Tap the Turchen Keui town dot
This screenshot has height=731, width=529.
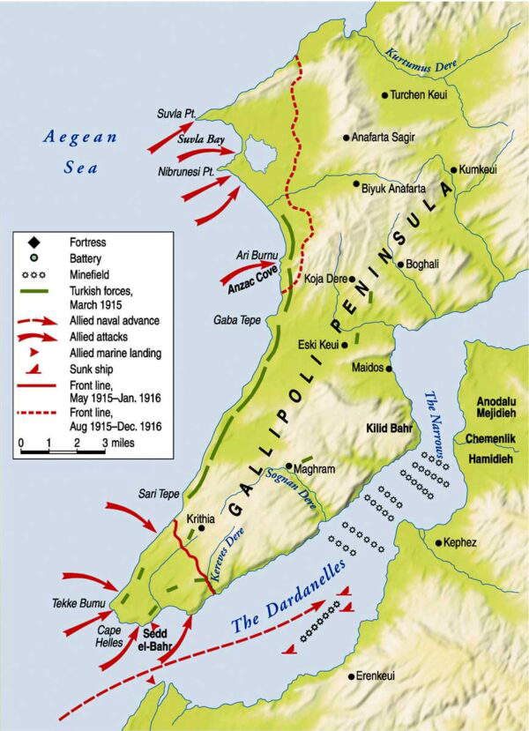384,95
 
